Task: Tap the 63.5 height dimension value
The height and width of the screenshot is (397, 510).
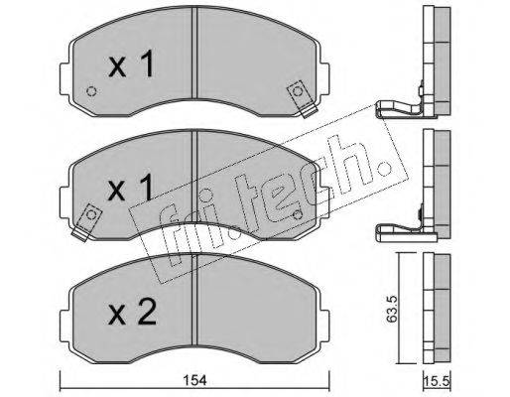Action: point(392,309)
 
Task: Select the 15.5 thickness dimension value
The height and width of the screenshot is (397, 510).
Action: point(437,381)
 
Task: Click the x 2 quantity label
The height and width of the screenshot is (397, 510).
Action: point(132,313)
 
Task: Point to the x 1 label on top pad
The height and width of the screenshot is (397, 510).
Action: point(132,64)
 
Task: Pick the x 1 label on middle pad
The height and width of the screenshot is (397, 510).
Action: point(131,188)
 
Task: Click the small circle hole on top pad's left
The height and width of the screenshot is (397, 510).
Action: point(91,91)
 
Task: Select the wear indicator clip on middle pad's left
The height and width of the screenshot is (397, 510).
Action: point(87,222)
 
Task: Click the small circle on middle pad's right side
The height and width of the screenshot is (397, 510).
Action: point(298,215)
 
